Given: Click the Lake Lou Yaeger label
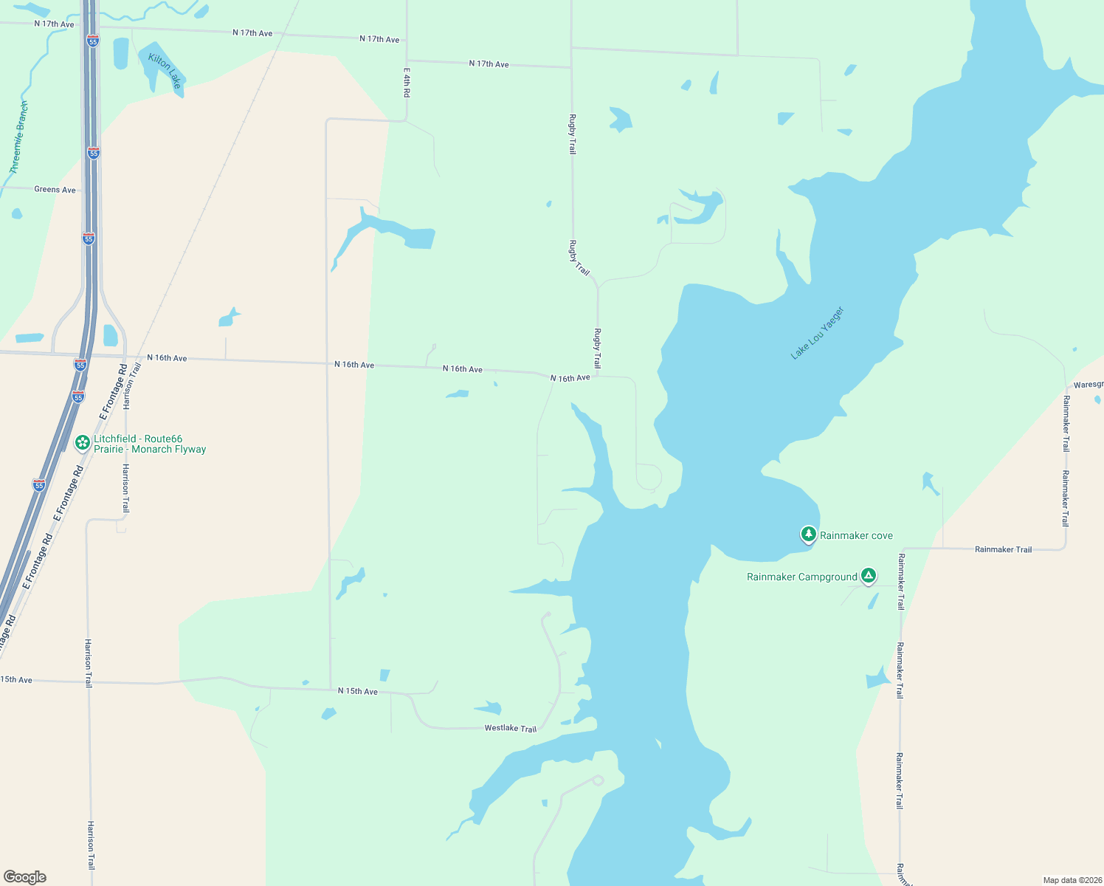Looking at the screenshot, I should (817, 333).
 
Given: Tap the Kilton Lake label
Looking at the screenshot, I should (165, 71).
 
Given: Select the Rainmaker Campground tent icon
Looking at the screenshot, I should (869, 575).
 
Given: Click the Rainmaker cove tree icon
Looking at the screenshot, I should (808, 534).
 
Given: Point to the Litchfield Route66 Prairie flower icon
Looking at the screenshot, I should (83, 443).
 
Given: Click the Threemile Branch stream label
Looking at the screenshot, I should (19, 138).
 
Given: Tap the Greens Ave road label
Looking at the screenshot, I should (55, 190).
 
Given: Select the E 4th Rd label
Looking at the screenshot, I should (407, 83).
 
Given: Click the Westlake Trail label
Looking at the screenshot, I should (510, 728).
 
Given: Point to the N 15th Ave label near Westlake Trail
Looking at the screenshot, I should (358, 691).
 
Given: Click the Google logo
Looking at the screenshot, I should (24, 876).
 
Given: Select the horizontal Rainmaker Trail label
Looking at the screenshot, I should (1003, 549).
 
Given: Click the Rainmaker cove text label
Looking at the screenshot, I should (856, 535).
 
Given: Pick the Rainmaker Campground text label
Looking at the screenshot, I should (801, 577).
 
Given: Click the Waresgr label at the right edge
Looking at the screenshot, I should (1088, 385).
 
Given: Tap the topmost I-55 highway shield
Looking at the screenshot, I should (92, 41).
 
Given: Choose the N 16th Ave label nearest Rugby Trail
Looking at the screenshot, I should (570, 378).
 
